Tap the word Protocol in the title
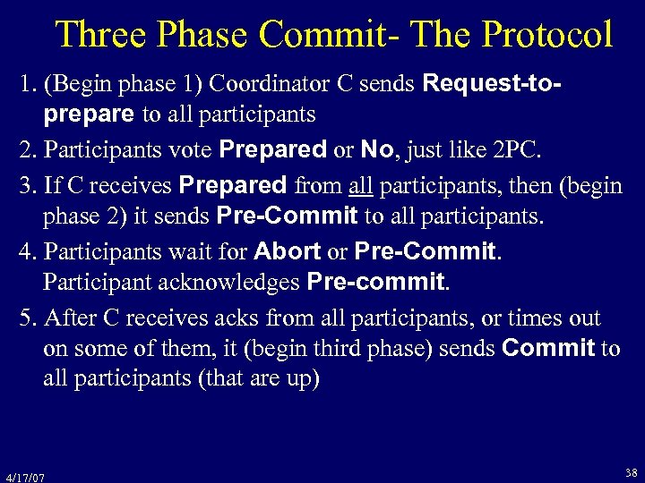pos(547,35)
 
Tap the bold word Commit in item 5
pos(549,349)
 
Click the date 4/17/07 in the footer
pos(25,477)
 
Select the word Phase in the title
pos(207,35)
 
